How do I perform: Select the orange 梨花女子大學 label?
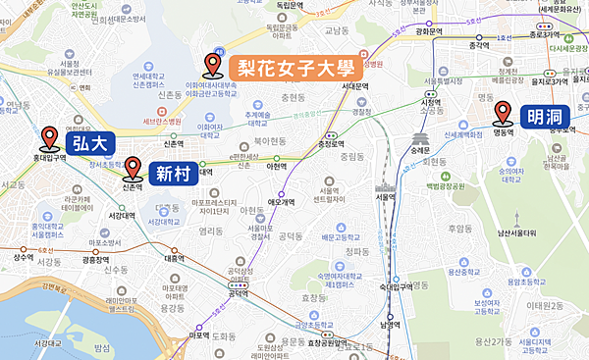(x=294, y=67)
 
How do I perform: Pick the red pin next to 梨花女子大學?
(x=211, y=66)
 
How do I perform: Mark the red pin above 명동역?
(x=504, y=111)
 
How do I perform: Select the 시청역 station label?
(x=430, y=103)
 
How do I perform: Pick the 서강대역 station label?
(x=121, y=216)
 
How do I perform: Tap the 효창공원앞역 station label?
(x=325, y=342)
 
